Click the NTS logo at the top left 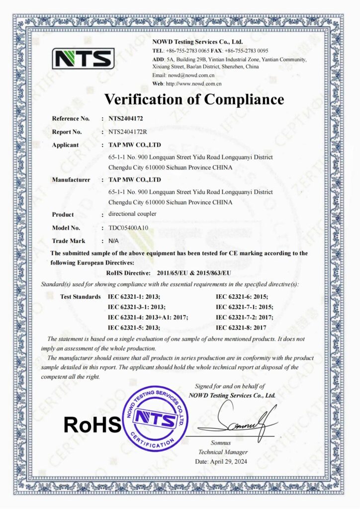pyautogui.click(x=83, y=58)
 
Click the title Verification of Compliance pyautogui.click(x=194, y=99)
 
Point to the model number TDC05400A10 pyautogui.click(x=128, y=228)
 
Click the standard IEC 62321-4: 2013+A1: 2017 pyautogui.click(x=148, y=317)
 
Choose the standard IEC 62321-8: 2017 pyautogui.click(x=241, y=328)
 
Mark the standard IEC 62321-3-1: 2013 pyautogui.click(x=136, y=307)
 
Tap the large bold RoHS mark pyautogui.click(x=92, y=424)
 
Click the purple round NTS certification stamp pyautogui.click(x=156, y=418)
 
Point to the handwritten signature pyautogui.click(x=244, y=423)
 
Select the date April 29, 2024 pyautogui.click(x=222, y=461)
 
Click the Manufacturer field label pyautogui.click(x=71, y=179)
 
